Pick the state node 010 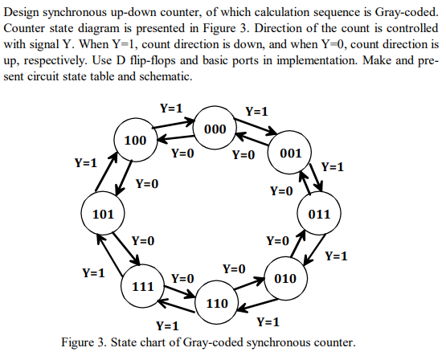[x=285, y=278]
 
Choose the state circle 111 [x=142, y=286]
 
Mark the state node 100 [x=134, y=141]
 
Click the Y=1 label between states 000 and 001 [x=257, y=112]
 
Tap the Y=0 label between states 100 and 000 [x=182, y=152]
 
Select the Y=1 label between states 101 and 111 [x=94, y=273]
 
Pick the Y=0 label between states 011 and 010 [x=277, y=240]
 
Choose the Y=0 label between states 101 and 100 [x=146, y=184]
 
